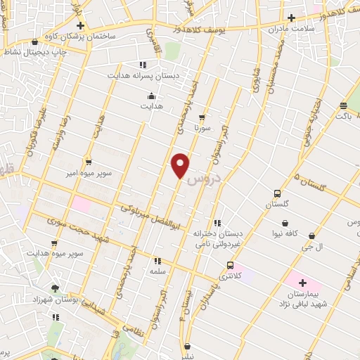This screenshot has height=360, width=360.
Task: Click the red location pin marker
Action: point(181,165)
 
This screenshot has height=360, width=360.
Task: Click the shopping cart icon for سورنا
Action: point(202,117)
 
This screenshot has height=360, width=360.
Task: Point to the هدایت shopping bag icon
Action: point(150,96)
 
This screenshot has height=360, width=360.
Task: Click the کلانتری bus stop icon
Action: point(231,265)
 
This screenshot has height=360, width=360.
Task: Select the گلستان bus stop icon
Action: point(278,193)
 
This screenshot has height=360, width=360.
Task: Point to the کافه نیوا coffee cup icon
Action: point(287,220)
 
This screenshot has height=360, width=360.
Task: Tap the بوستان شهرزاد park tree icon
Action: point(56,288)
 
